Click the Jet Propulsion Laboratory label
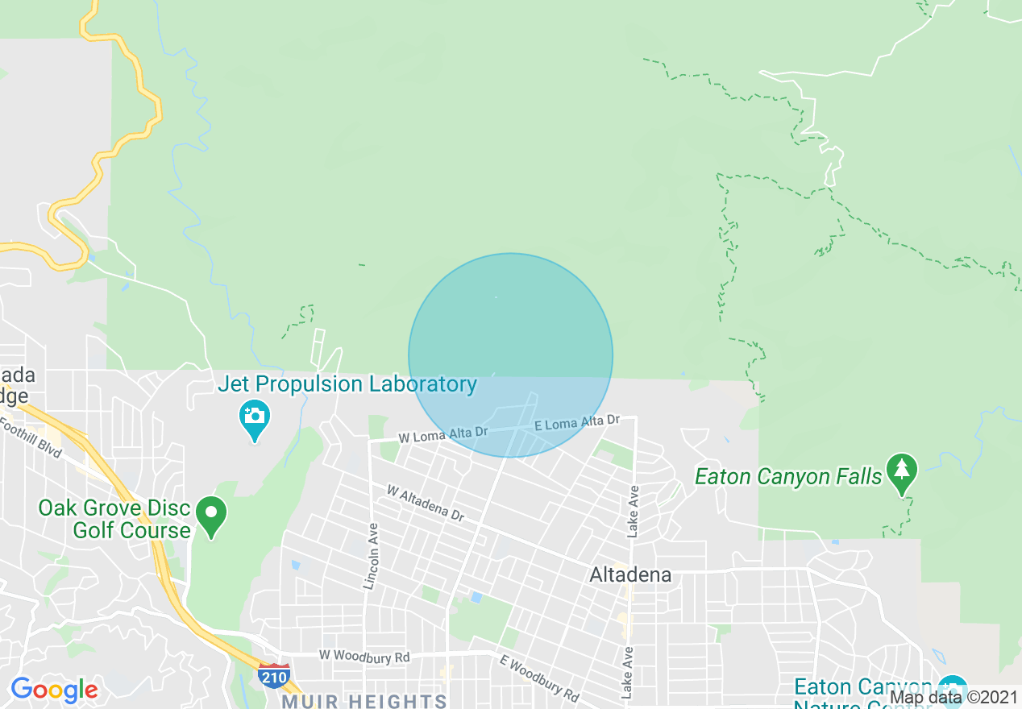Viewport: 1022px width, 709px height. [347, 384]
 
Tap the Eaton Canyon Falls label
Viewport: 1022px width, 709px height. [788, 477]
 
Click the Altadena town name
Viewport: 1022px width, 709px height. [630, 575]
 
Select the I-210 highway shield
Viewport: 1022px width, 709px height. [274, 676]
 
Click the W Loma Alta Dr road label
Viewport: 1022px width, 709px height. [443, 434]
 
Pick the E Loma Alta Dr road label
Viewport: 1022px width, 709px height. [576, 422]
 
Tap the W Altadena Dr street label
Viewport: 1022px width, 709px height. [425, 503]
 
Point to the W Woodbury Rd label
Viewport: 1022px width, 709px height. [364, 657]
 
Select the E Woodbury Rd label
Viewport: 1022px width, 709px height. [538, 678]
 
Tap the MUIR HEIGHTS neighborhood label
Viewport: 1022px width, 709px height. [364, 701]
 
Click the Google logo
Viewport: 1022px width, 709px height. [54, 690]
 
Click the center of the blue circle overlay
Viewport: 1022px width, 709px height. [510, 355]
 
